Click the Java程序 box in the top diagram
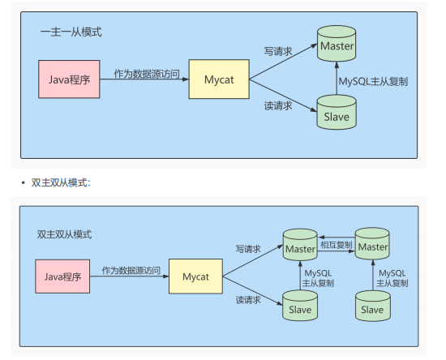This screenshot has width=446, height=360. [68, 79]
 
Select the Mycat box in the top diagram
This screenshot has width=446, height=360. [218, 79]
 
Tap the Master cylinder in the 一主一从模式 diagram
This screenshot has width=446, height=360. [337, 46]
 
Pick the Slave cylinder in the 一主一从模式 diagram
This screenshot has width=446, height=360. [337, 115]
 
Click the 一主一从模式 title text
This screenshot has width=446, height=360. [71, 32]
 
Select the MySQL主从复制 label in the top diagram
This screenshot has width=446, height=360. [375, 81]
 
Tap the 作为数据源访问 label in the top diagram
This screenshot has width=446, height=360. [143, 72]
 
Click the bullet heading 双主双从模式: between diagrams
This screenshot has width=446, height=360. [61, 182]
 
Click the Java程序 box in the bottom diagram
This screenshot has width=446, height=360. [62, 276]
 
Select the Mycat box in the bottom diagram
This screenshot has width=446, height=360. [195, 276]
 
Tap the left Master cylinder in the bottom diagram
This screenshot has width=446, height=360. [298, 246]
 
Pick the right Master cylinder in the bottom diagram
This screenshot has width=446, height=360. [373, 246]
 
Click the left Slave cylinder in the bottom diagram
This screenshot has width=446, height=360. [298, 308]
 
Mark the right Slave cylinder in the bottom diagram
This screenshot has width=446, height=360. [372, 308]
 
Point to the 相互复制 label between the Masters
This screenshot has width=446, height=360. [336, 243]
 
